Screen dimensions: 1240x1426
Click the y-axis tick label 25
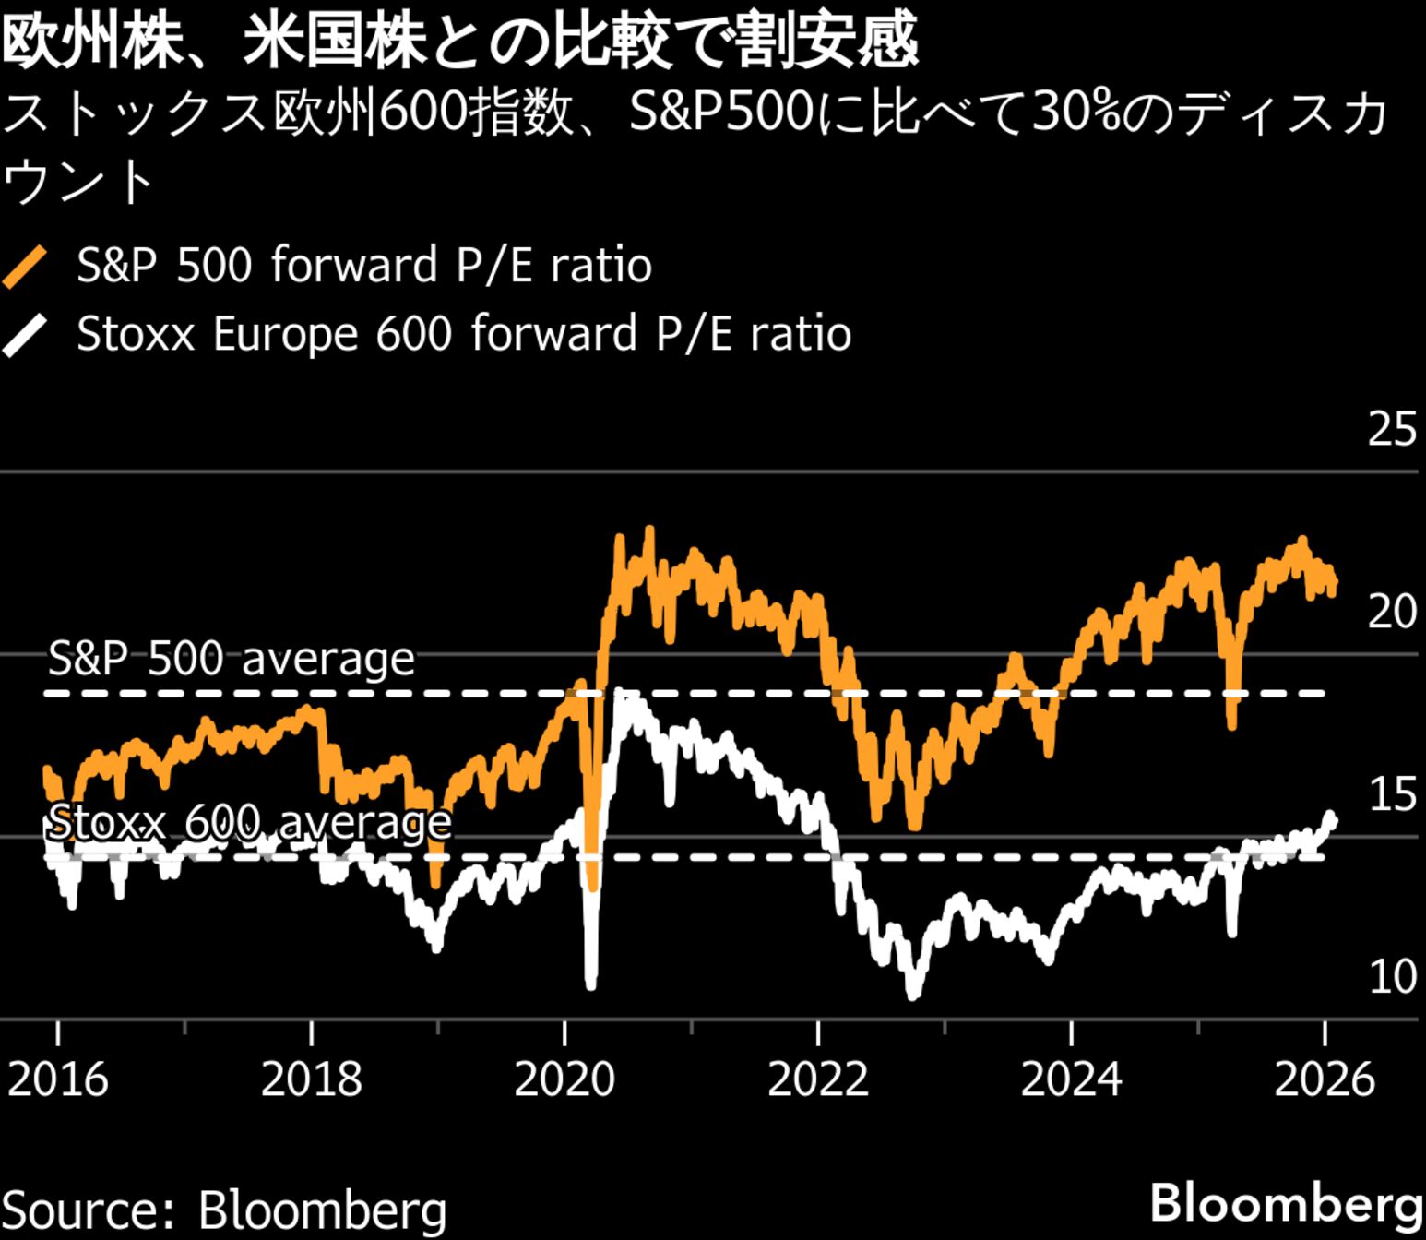point(1391,429)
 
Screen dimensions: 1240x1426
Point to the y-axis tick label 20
point(1391,611)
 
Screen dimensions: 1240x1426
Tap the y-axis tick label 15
point(1391,794)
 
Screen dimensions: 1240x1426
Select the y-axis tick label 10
point(1391,977)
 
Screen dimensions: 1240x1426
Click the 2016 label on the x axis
point(57,1079)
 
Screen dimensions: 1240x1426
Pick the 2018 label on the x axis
point(311,1079)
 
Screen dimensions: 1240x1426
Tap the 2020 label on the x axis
point(564,1079)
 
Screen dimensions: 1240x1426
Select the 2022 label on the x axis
point(817,1079)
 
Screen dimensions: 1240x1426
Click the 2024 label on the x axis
point(1071,1079)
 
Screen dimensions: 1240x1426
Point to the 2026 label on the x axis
point(1324,1079)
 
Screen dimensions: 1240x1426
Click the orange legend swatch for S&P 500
point(25,267)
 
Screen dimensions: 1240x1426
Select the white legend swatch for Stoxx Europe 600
point(25,335)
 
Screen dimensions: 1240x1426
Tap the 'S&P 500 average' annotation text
point(231,659)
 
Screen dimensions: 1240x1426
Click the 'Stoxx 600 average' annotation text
point(249,822)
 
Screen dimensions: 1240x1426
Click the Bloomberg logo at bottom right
point(1286,1204)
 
